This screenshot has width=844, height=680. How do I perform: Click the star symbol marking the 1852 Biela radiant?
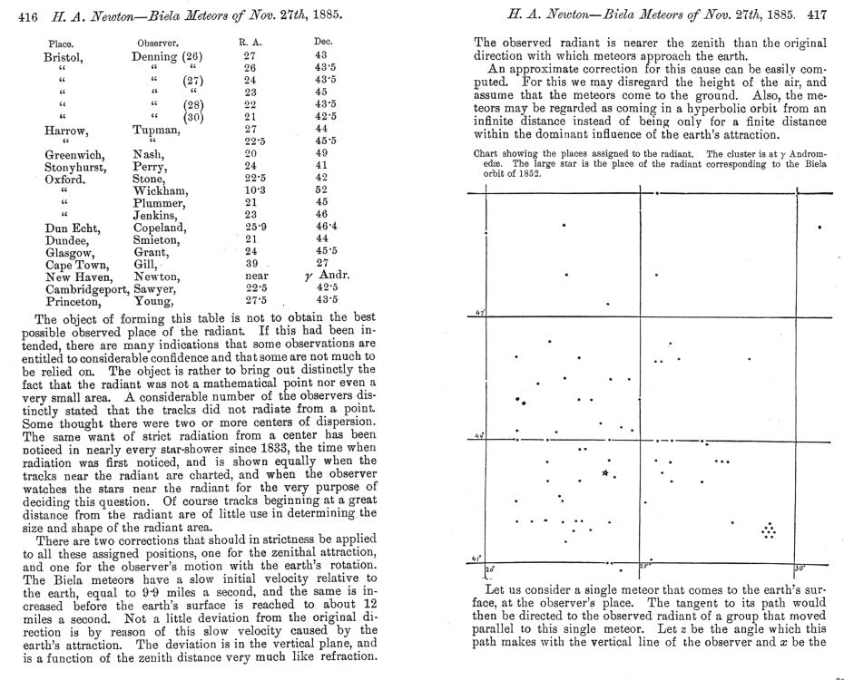605,471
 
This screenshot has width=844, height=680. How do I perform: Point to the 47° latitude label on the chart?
478,313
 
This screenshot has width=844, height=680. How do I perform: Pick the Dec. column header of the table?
323,42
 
